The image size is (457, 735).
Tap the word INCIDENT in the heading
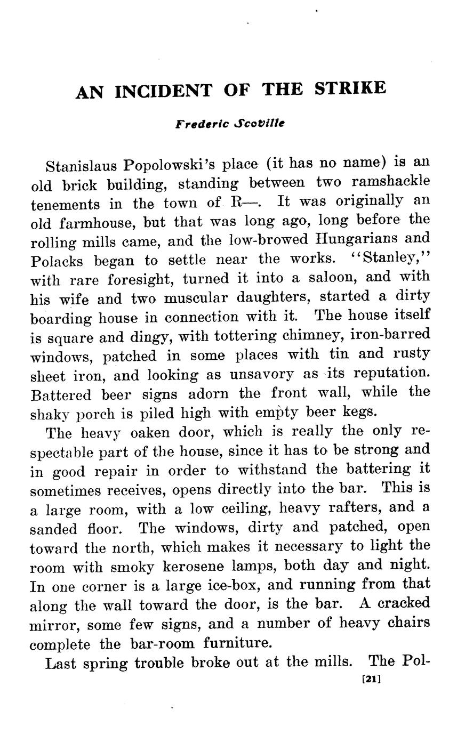[163, 91]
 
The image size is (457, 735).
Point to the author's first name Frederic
[202, 124]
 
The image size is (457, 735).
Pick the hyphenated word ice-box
[234, 585]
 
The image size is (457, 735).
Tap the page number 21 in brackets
[370, 680]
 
